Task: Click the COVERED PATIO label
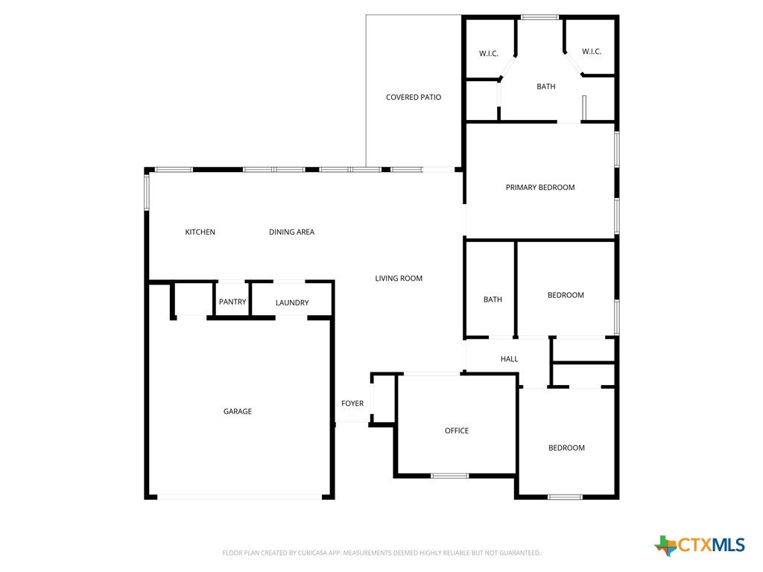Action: (413, 98)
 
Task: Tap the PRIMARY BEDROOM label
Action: (540, 187)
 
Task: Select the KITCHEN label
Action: (200, 232)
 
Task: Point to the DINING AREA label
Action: (291, 232)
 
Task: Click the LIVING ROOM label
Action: (399, 279)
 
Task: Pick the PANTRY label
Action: (232, 302)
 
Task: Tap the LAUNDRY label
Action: (292, 302)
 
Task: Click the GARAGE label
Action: (238, 411)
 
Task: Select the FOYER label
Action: (352, 403)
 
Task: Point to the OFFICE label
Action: (457, 430)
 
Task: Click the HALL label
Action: (509, 359)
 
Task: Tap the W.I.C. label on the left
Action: (489, 54)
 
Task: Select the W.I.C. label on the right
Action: (591, 51)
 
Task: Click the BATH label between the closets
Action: (546, 86)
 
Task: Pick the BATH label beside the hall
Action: (493, 299)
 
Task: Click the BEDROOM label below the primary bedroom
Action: (566, 295)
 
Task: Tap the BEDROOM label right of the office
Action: (566, 448)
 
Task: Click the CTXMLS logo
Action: (700, 544)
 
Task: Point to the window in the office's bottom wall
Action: (449, 476)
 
